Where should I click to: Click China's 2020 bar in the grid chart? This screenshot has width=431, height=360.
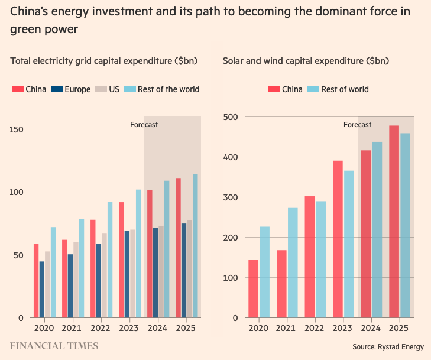tap(36, 281)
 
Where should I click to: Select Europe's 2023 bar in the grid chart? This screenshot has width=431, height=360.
tap(127, 274)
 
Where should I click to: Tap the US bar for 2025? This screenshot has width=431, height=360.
tap(190, 269)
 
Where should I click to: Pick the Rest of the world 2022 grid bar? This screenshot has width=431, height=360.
tap(110, 260)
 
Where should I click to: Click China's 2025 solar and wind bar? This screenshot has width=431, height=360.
tap(394, 222)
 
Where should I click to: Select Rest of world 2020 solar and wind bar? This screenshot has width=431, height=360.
tap(264, 273)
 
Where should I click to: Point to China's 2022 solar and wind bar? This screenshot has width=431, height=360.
tap(309, 257)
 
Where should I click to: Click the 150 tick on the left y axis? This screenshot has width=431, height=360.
tap(18, 129)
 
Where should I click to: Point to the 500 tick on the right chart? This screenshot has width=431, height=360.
tap(231, 117)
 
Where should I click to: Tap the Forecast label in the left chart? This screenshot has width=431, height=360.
tap(144, 125)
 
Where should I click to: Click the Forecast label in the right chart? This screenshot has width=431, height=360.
tap(357, 125)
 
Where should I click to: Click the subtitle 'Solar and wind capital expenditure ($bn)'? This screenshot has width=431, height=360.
tap(306, 60)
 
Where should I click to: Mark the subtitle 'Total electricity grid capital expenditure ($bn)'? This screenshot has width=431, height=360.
tap(104, 60)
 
